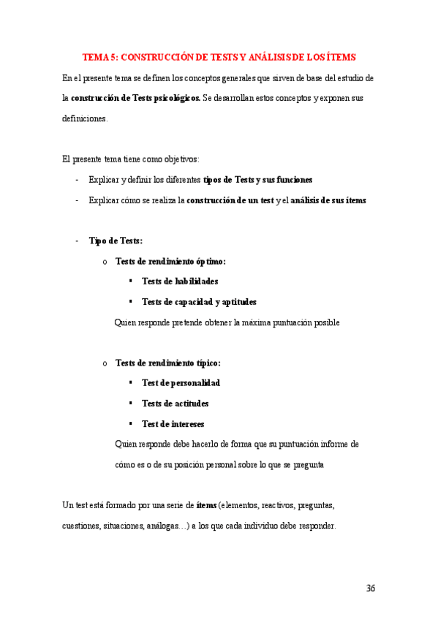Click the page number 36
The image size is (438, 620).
(370, 589)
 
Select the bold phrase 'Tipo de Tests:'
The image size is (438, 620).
(116, 241)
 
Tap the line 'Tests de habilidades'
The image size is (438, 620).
(180, 281)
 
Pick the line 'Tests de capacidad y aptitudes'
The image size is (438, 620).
(199, 301)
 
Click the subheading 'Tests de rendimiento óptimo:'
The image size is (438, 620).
(170, 261)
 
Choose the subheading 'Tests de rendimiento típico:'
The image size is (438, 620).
(168, 363)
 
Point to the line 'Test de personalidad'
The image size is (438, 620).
(181, 382)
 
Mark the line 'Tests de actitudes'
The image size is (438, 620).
(175, 403)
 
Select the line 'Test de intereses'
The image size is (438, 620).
(173, 423)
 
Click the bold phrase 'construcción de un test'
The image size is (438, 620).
(230, 200)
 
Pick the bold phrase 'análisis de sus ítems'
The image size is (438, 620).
(328, 200)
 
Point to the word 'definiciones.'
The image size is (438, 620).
(85, 118)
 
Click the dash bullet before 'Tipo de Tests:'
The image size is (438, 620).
(77, 241)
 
